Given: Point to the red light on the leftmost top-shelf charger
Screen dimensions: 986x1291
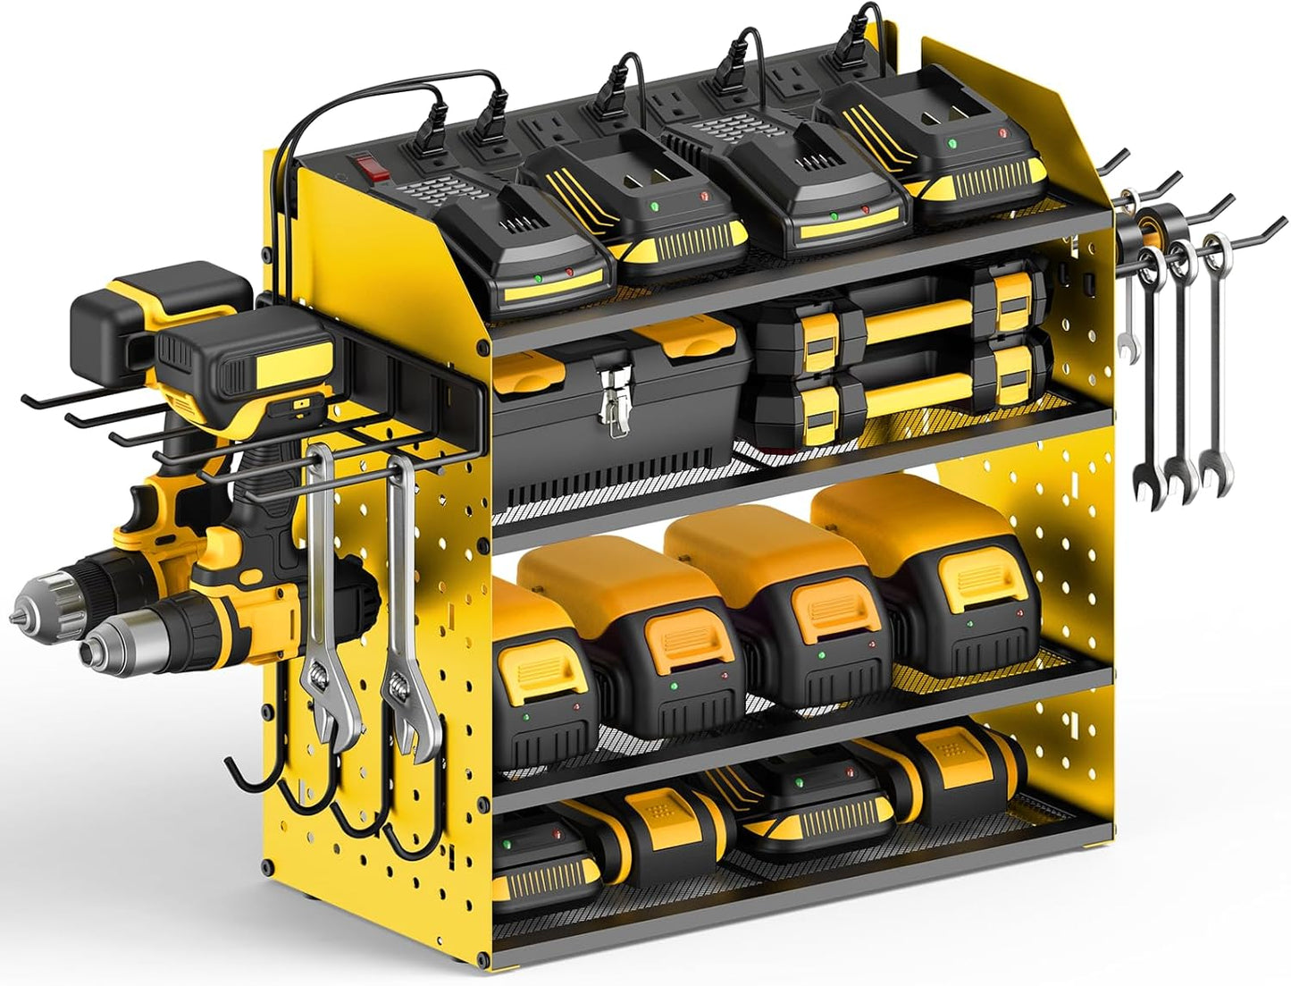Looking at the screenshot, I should [x=569, y=272].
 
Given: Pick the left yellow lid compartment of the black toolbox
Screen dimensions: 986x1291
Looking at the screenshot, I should [x=539, y=366].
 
